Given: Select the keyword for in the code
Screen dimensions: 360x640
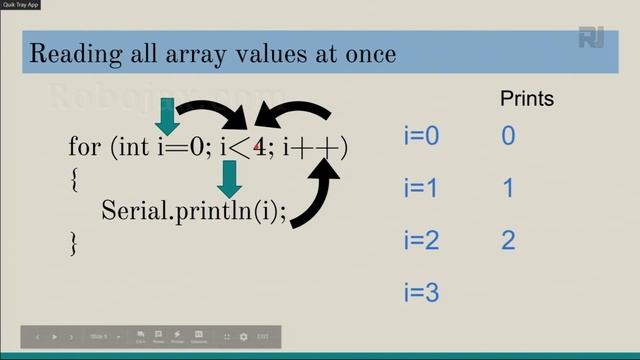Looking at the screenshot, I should tap(83, 148).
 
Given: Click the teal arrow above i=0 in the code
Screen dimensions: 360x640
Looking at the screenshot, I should tap(167, 116).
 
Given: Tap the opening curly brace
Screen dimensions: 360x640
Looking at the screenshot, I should tap(73, 179).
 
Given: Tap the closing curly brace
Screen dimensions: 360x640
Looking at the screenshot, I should tap(73, 241).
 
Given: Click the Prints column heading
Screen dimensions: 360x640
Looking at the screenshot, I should tap(526, 99).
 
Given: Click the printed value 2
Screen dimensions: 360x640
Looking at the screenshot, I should tap(508, 240).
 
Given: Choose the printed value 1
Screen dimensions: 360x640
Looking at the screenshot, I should tap(508, 188).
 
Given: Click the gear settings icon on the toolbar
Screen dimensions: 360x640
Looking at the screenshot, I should tap(243, 337).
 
